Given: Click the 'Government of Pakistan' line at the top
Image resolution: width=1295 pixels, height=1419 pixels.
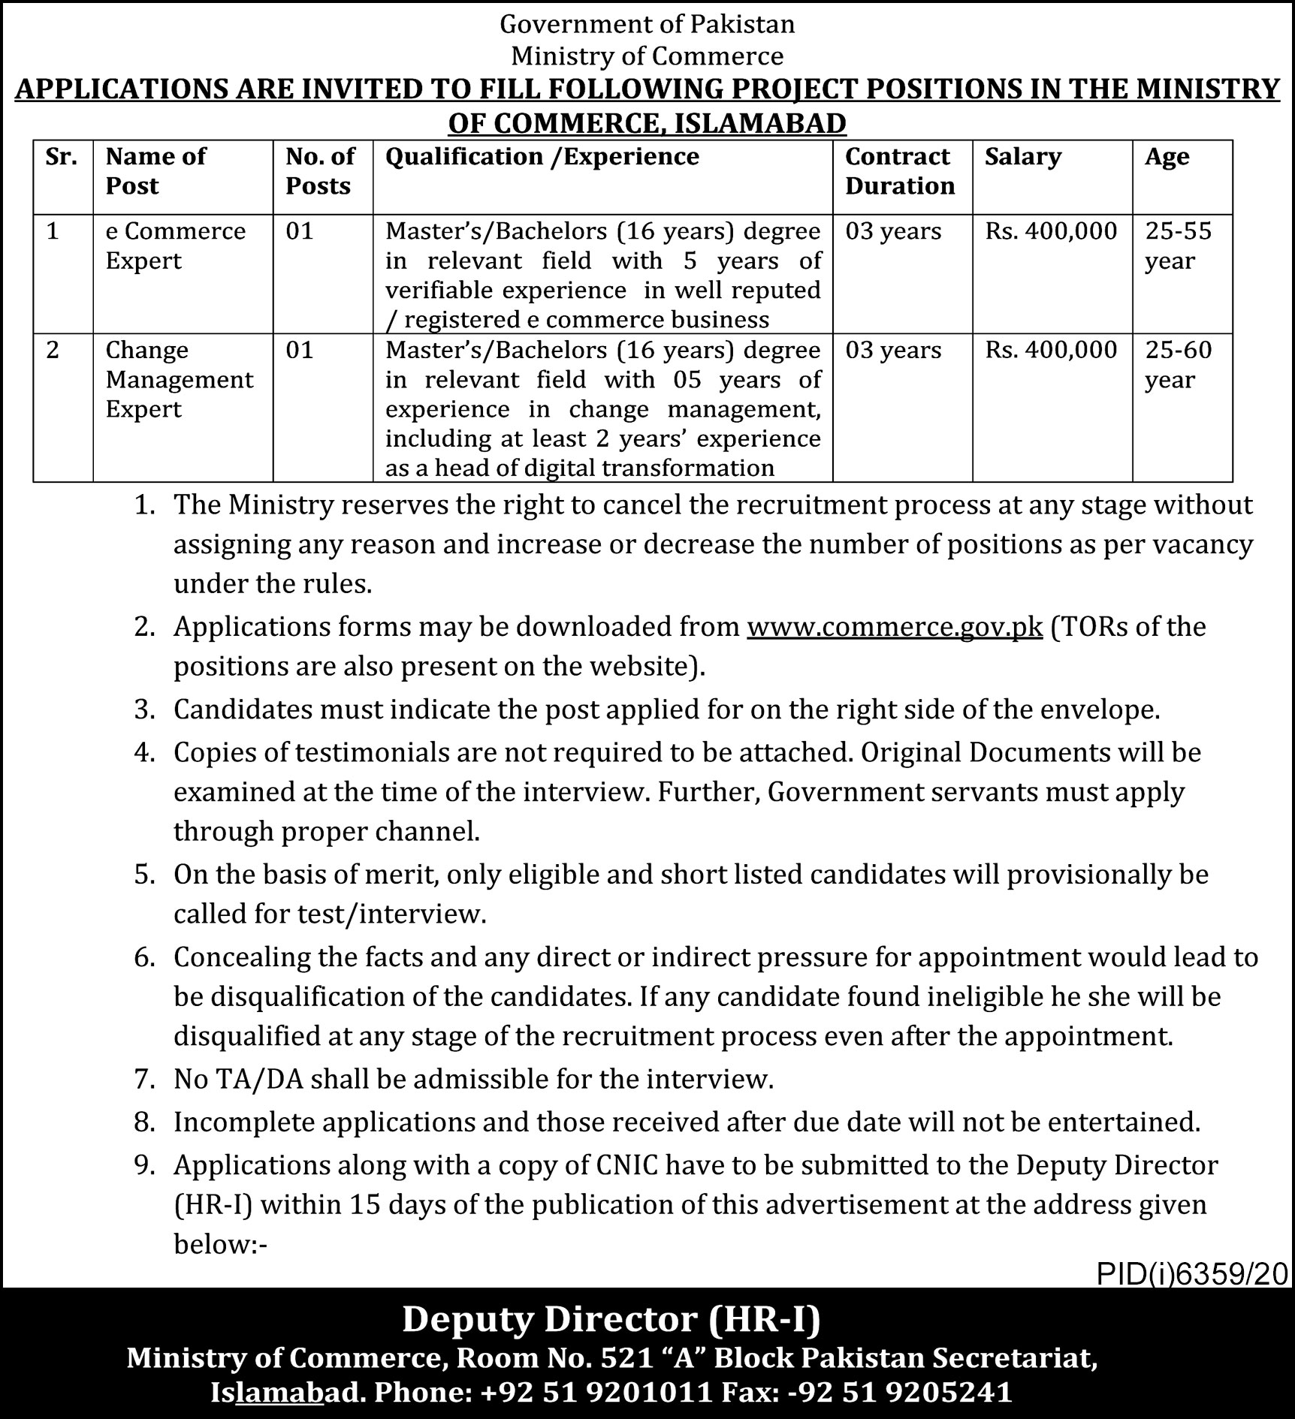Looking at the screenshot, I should (x=647, y=25).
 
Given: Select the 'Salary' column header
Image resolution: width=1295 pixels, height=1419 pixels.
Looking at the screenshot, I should (x=1022, y=156).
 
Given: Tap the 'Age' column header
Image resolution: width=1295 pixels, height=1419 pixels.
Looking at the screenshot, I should (x=1167, y=156).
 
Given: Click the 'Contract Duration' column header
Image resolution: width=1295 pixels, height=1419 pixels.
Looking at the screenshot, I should (x=900, y=171).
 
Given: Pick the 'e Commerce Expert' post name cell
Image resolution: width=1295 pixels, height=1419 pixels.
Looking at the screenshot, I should (x=175, y=246).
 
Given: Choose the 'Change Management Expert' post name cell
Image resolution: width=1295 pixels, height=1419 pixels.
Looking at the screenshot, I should (x=180, y=379).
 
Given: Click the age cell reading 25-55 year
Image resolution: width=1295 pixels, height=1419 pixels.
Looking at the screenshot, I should (x=1178, y=246).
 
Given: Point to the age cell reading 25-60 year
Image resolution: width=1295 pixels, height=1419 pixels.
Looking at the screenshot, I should (x=1178, y=364).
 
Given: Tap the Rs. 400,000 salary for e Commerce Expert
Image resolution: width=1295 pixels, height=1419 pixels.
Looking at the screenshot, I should (x=1051, y=230).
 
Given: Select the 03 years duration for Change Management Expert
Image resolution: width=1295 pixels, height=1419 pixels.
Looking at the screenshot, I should (x=893, y=350).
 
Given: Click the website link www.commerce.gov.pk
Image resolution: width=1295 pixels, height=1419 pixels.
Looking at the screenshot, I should (x=895, y=626).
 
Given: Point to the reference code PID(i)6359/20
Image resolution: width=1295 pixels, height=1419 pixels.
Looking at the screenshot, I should (x=1192, y=1273).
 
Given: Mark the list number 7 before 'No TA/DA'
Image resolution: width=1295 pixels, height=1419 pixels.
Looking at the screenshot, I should (x=143, y=1080).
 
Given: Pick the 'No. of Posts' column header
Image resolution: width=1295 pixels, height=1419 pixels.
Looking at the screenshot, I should (x=320, y=171).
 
